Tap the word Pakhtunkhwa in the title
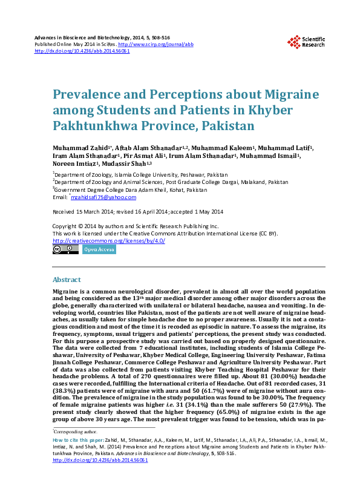pyautogui.click(x=90, y=127)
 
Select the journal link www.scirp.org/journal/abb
pyautogui.click(x=156, y=45)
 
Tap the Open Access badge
pyautogui.click(x=99, y=249)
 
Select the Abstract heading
pyautogui.click(x=67, y=280)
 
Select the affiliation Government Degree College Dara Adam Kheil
pyautogui.click(x=131, y=189)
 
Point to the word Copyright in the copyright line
pyautogui.click(x=65, y=226)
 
